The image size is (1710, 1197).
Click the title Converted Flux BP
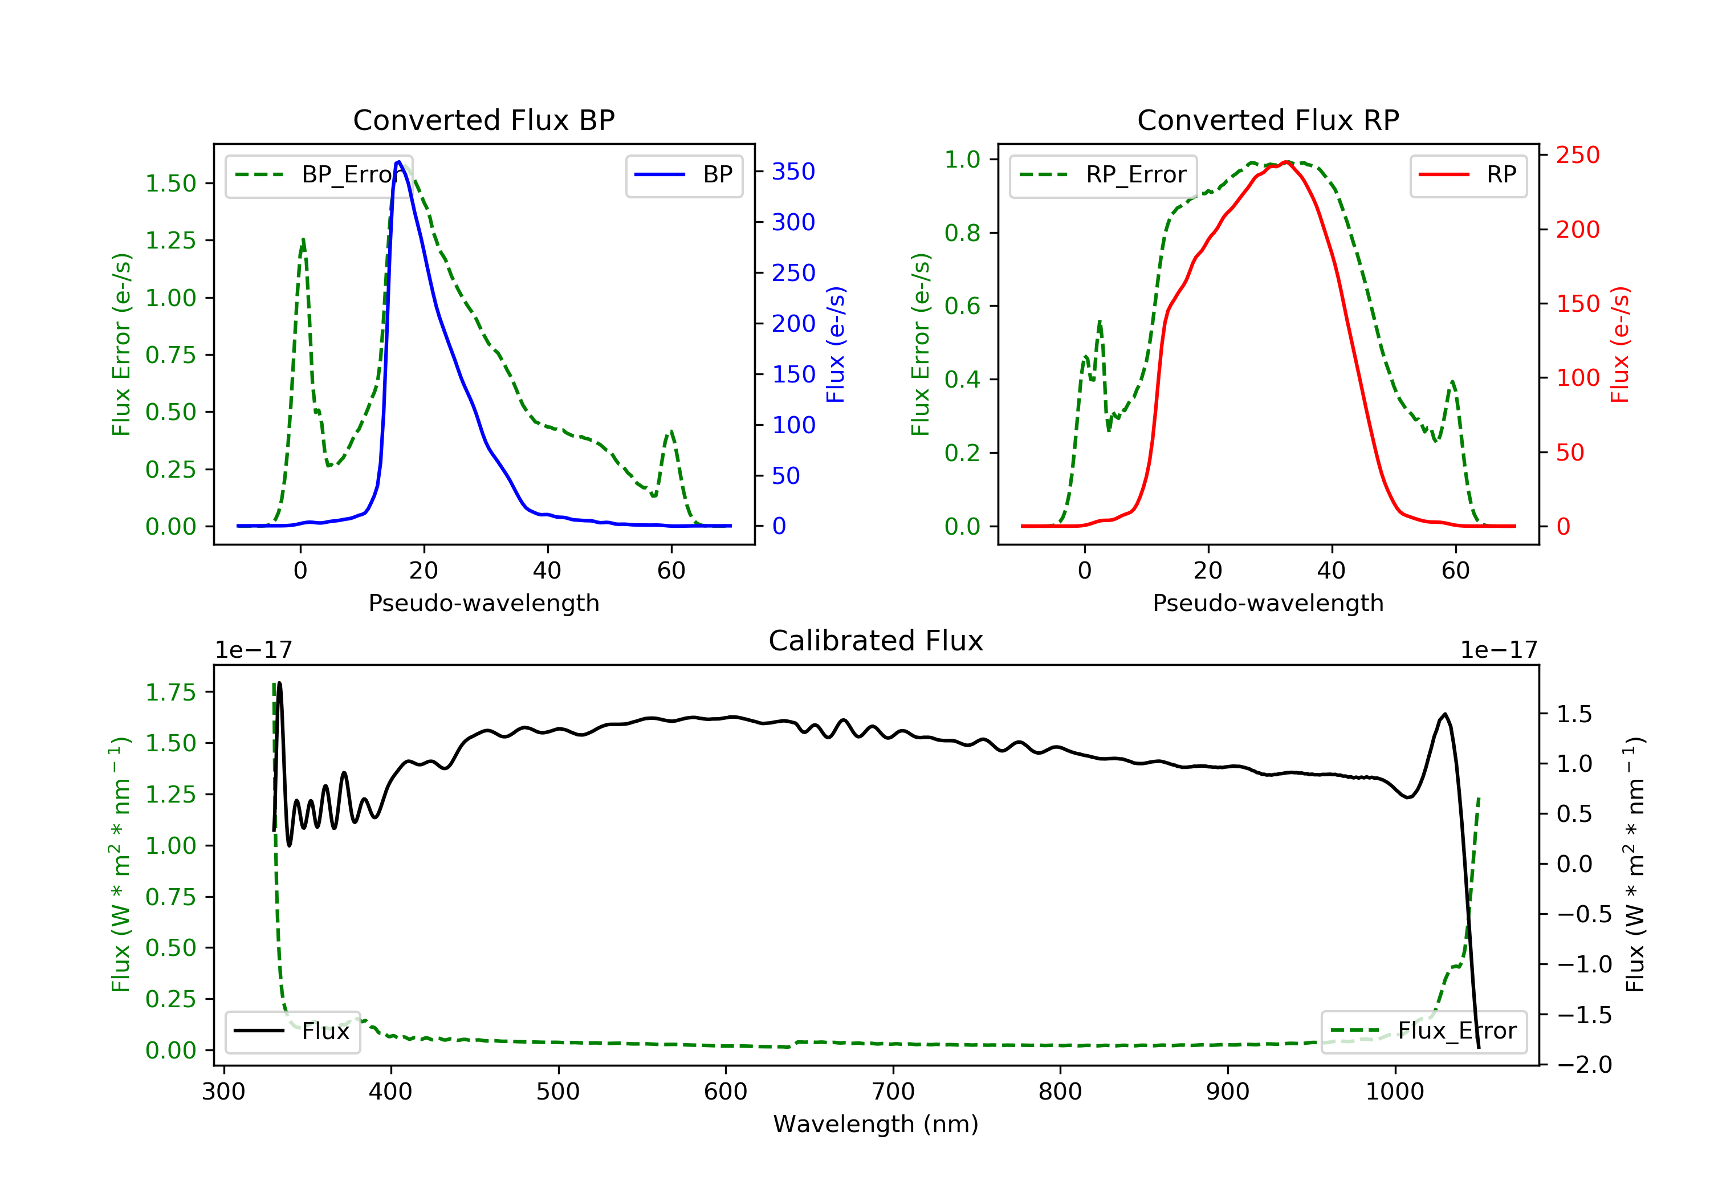483,120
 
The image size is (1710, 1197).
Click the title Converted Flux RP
1268,120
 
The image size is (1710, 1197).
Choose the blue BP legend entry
683,175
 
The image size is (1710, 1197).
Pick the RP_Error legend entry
1103,175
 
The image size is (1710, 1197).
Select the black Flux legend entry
292,1031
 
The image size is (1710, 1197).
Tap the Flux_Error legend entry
1423,1031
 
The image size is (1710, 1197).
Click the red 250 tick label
1577,155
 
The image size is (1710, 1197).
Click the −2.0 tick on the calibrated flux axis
1584,1064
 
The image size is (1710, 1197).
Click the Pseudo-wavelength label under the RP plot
1268,602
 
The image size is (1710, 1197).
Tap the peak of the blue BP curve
399,162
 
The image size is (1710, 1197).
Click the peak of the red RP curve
1287,162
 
